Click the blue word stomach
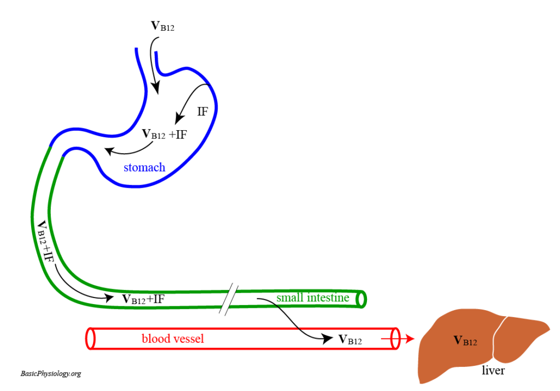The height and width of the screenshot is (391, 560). pos(144,167)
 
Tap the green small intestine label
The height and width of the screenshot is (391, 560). pos(312,298)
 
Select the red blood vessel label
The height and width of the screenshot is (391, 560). pos(173,339)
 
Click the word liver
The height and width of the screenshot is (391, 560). pos(493,371)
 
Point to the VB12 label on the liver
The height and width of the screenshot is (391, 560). pos(465,341)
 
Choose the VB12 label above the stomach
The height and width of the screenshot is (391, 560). pos(162,26)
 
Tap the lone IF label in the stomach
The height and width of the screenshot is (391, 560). pos(202,112)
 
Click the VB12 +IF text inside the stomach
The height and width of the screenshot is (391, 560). pos(164,134)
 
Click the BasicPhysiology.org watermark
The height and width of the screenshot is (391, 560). pos(51,374)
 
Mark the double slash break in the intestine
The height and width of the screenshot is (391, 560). pos(229,299)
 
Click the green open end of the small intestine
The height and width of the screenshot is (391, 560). pos(361,299)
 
